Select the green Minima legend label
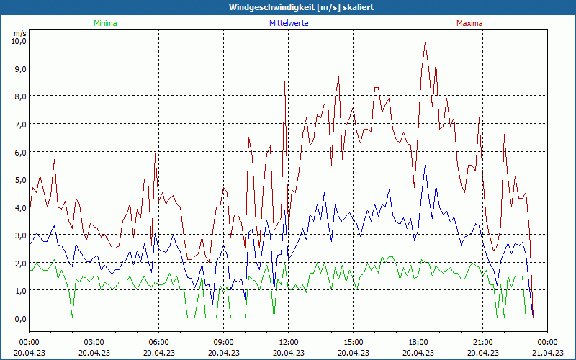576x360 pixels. (x=105, y=23)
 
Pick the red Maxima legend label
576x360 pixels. (x=469, y=23)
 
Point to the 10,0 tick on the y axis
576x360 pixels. (x=18, y=41)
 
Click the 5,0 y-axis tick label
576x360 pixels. (x=18, y=180)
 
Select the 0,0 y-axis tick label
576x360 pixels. (x=18, y=318)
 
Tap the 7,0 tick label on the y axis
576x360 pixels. (x=18, y=125)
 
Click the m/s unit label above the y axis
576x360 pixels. (x=19, y=33)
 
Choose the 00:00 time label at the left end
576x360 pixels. (x=29, y=342)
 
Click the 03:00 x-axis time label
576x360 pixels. (x=94, y=342)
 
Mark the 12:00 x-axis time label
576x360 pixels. (x=288, y=342)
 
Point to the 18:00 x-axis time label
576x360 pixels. (x=418, y=342)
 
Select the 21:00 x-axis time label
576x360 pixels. (x=482, y=342)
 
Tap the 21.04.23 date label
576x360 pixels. (x=547, y=353)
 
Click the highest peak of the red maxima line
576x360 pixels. (x=426, y=42)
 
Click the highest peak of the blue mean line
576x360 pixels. (x=426, y=166)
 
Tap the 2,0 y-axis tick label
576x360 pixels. (x=18, y=264)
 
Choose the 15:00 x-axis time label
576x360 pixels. (x=353, y=342)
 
